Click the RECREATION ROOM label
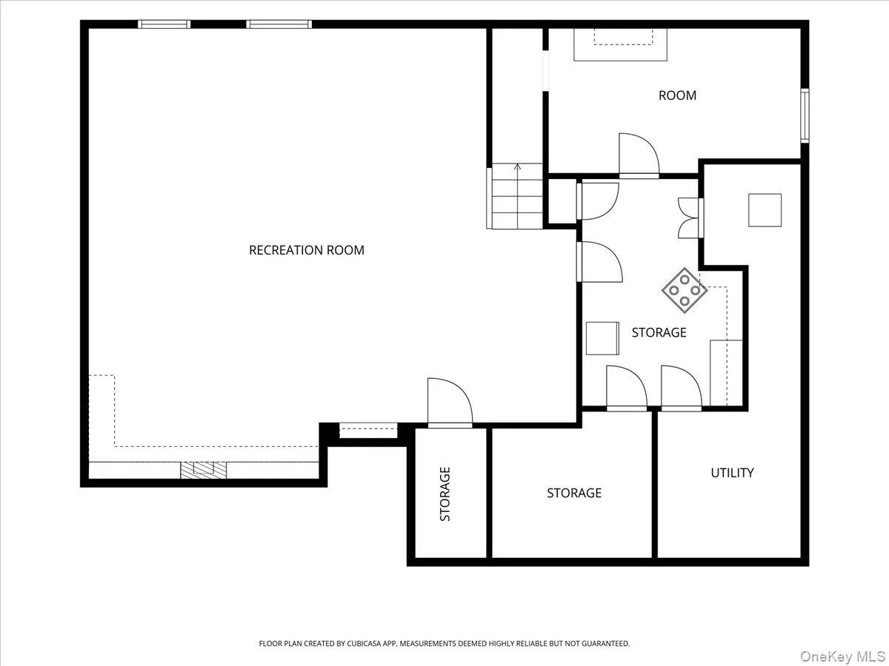pyautogui.click(x=307, y=250)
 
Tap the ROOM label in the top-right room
pyautogui.click(x=677, y=95)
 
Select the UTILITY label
pyautogui.click(x=732, y=473)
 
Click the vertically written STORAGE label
pyautogui.click(x=445, y=494)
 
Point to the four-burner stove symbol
pyautogui.click(x=685, y=290)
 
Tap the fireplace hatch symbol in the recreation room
pyautogui.click(x=203, y=470)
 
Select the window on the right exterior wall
pyautogui.click(x=805, y=115)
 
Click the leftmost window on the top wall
pyautogui.click(x=164, y=24)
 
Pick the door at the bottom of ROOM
pyautogui.click(x=639, y=155)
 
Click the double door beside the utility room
pyautogui.click(x=691, y=218)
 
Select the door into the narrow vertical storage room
pyautogui.click(x=450, y=403)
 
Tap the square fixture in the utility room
pyautogui.click(x=765, y=210)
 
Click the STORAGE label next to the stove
pyautogui.click(x=659, y=332)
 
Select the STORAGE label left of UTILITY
pyautogui.click(x=574, y=493)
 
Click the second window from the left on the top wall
pyautogui.click(x=279, y=24)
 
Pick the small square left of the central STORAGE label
pyautogui.click(x=602, y=338)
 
